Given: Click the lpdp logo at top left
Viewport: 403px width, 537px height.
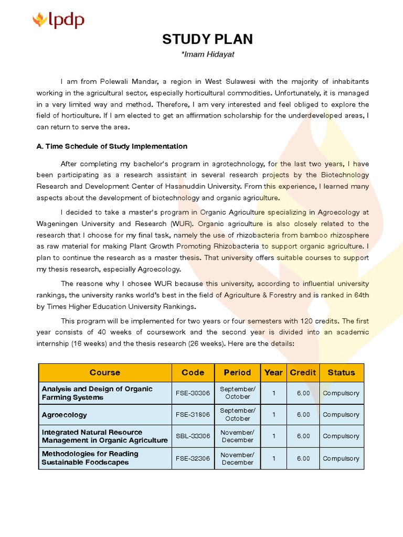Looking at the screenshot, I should [58, 21].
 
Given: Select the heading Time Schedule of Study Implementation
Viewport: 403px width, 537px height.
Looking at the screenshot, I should [112, 146].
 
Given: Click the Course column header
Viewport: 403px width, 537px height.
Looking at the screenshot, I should [105, 372].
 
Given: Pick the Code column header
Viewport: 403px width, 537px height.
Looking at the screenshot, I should [193, 372].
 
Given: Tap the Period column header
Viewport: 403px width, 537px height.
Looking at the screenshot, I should [237, 372].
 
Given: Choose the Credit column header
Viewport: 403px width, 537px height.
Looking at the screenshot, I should [303, 372].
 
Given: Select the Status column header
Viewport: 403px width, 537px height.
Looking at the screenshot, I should [341, 372].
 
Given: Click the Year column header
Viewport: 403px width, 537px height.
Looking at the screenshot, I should [273, 372].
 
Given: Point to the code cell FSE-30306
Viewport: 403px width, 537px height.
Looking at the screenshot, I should [193, 393].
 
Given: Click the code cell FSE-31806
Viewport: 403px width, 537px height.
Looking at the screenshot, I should [193, 415].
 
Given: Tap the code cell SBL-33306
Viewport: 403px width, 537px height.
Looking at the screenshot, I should [193, 436].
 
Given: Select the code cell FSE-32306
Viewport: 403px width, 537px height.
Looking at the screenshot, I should [193, 458].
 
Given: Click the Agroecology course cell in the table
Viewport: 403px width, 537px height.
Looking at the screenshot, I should [65, 415].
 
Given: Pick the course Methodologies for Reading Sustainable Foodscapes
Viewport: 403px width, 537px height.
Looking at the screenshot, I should [90, 458].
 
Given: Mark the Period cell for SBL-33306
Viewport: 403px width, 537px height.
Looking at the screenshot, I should [237, 436].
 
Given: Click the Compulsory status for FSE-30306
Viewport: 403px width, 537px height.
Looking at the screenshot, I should [341, 393].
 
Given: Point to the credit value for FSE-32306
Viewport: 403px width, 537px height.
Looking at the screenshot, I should [303, 458].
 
